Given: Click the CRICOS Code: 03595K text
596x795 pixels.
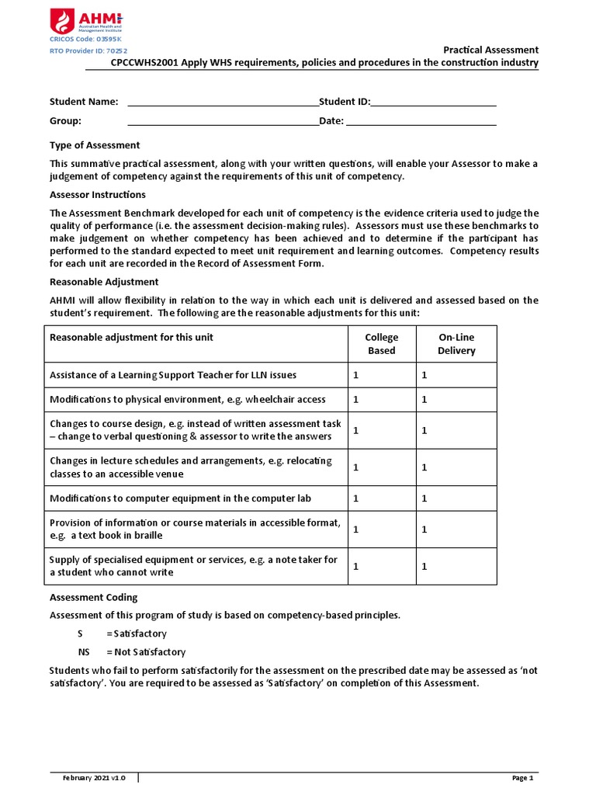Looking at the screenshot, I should point(85,39).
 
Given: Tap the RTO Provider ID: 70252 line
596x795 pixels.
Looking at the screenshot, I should point(88,50).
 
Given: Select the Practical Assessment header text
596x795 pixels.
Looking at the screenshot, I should point(490,50).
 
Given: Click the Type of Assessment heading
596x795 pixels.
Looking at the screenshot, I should point(95,145).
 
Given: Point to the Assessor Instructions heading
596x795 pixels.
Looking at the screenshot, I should point(97,195).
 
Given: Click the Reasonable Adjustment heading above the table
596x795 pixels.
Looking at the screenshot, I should point(104,282).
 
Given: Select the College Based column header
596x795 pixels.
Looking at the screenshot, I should point(381,344).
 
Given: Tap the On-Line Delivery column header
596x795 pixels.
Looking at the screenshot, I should point(456,344).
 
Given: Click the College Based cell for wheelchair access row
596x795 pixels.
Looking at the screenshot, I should point(381,400).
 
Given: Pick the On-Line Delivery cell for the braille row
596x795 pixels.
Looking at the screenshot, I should point(456,529).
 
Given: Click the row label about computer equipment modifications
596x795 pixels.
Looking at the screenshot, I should point(180,498).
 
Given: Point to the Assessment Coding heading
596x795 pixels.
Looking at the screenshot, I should point(93,597).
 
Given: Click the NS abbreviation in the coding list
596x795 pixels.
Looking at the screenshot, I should point(85,652).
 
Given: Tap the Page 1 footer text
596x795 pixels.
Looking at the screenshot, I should point(522,778).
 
